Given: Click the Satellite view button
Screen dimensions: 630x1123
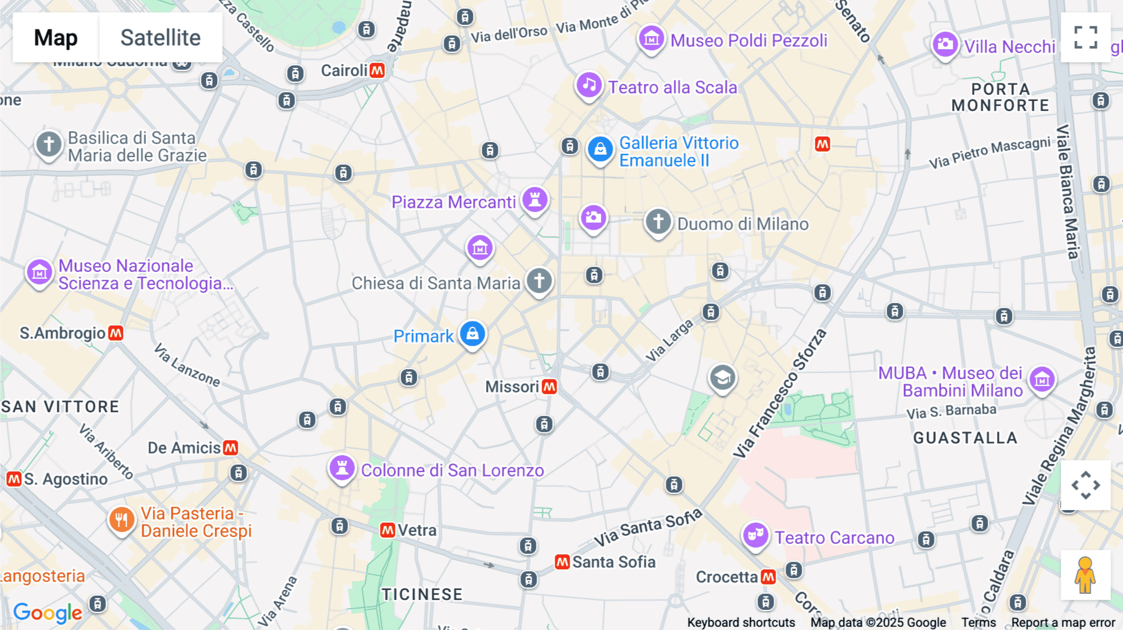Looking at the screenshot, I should (x=160, y=37).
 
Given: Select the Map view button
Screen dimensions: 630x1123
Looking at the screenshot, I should (x=56, y=37).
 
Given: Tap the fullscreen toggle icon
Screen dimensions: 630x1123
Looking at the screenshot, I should (x=1086, y=37).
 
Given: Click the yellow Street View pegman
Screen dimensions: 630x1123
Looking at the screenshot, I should (x=1086, y=575).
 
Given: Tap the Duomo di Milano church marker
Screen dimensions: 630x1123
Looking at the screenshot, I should (x=658, y=221).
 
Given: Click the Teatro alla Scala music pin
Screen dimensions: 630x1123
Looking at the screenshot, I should (x=589, y=85).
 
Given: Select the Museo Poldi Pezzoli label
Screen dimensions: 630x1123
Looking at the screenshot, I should (x=749, y=41).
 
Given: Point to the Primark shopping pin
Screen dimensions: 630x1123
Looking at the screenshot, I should (x=472, y=334).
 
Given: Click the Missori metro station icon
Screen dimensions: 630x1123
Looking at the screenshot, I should (x=549, y=387).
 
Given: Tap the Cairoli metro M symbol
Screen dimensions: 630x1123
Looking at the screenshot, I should (x=377, y=70).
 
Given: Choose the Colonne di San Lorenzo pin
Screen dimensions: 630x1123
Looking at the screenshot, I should (x=342, y=467).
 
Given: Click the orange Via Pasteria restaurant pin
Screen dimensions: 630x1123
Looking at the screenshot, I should (x=122, y=519).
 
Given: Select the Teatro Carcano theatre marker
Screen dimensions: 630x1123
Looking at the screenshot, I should (x=755, y=535).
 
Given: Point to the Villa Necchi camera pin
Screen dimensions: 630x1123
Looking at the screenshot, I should (x=945, y=44).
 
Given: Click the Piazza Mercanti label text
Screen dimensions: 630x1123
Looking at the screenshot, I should (x=454, y=202).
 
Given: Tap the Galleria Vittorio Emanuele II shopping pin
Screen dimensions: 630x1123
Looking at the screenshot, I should (x=600, y=149).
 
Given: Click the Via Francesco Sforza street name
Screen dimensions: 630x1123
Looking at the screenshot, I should (x=780, y=394).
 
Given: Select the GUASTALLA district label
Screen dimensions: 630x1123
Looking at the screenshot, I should (x=965, y=438).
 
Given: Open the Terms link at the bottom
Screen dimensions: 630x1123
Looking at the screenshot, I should (x=978, y=623).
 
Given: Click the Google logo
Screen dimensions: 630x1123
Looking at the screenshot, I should (x=47, y=613).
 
